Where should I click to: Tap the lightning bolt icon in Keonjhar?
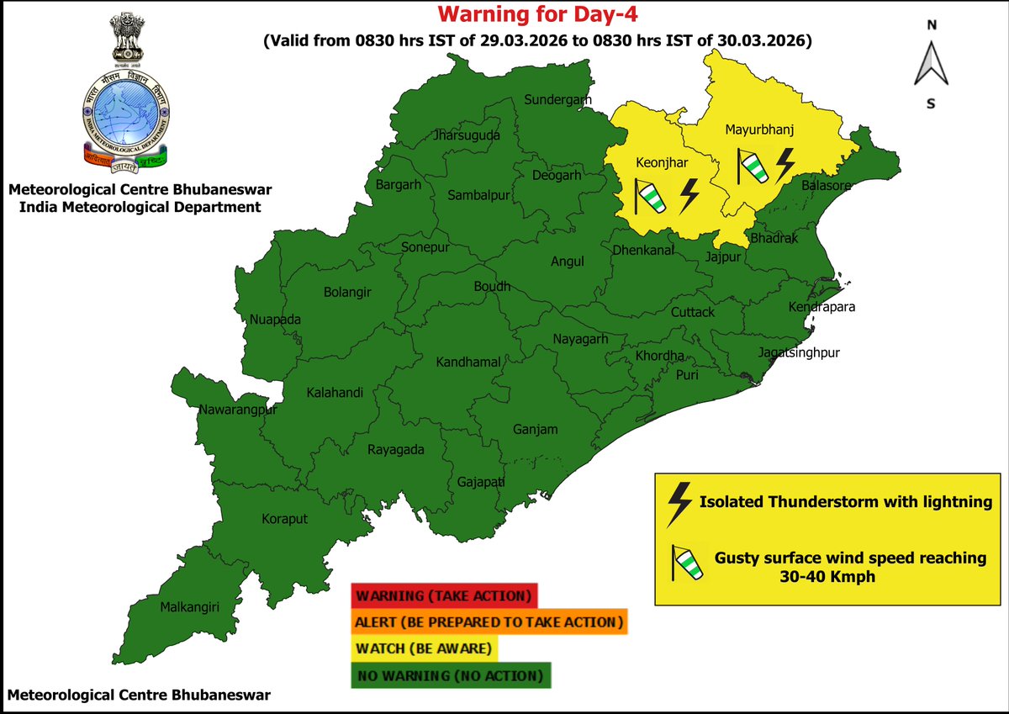689,196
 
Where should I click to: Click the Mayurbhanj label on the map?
759,130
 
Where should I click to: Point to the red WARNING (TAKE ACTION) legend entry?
443,596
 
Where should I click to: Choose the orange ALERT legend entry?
489,622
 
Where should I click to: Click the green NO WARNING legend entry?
451,675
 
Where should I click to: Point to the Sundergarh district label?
552,100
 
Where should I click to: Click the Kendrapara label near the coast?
821,307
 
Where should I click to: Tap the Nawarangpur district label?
238,410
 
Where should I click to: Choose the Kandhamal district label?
468,362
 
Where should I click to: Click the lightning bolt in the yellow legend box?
678,503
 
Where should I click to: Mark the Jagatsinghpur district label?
799,352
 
